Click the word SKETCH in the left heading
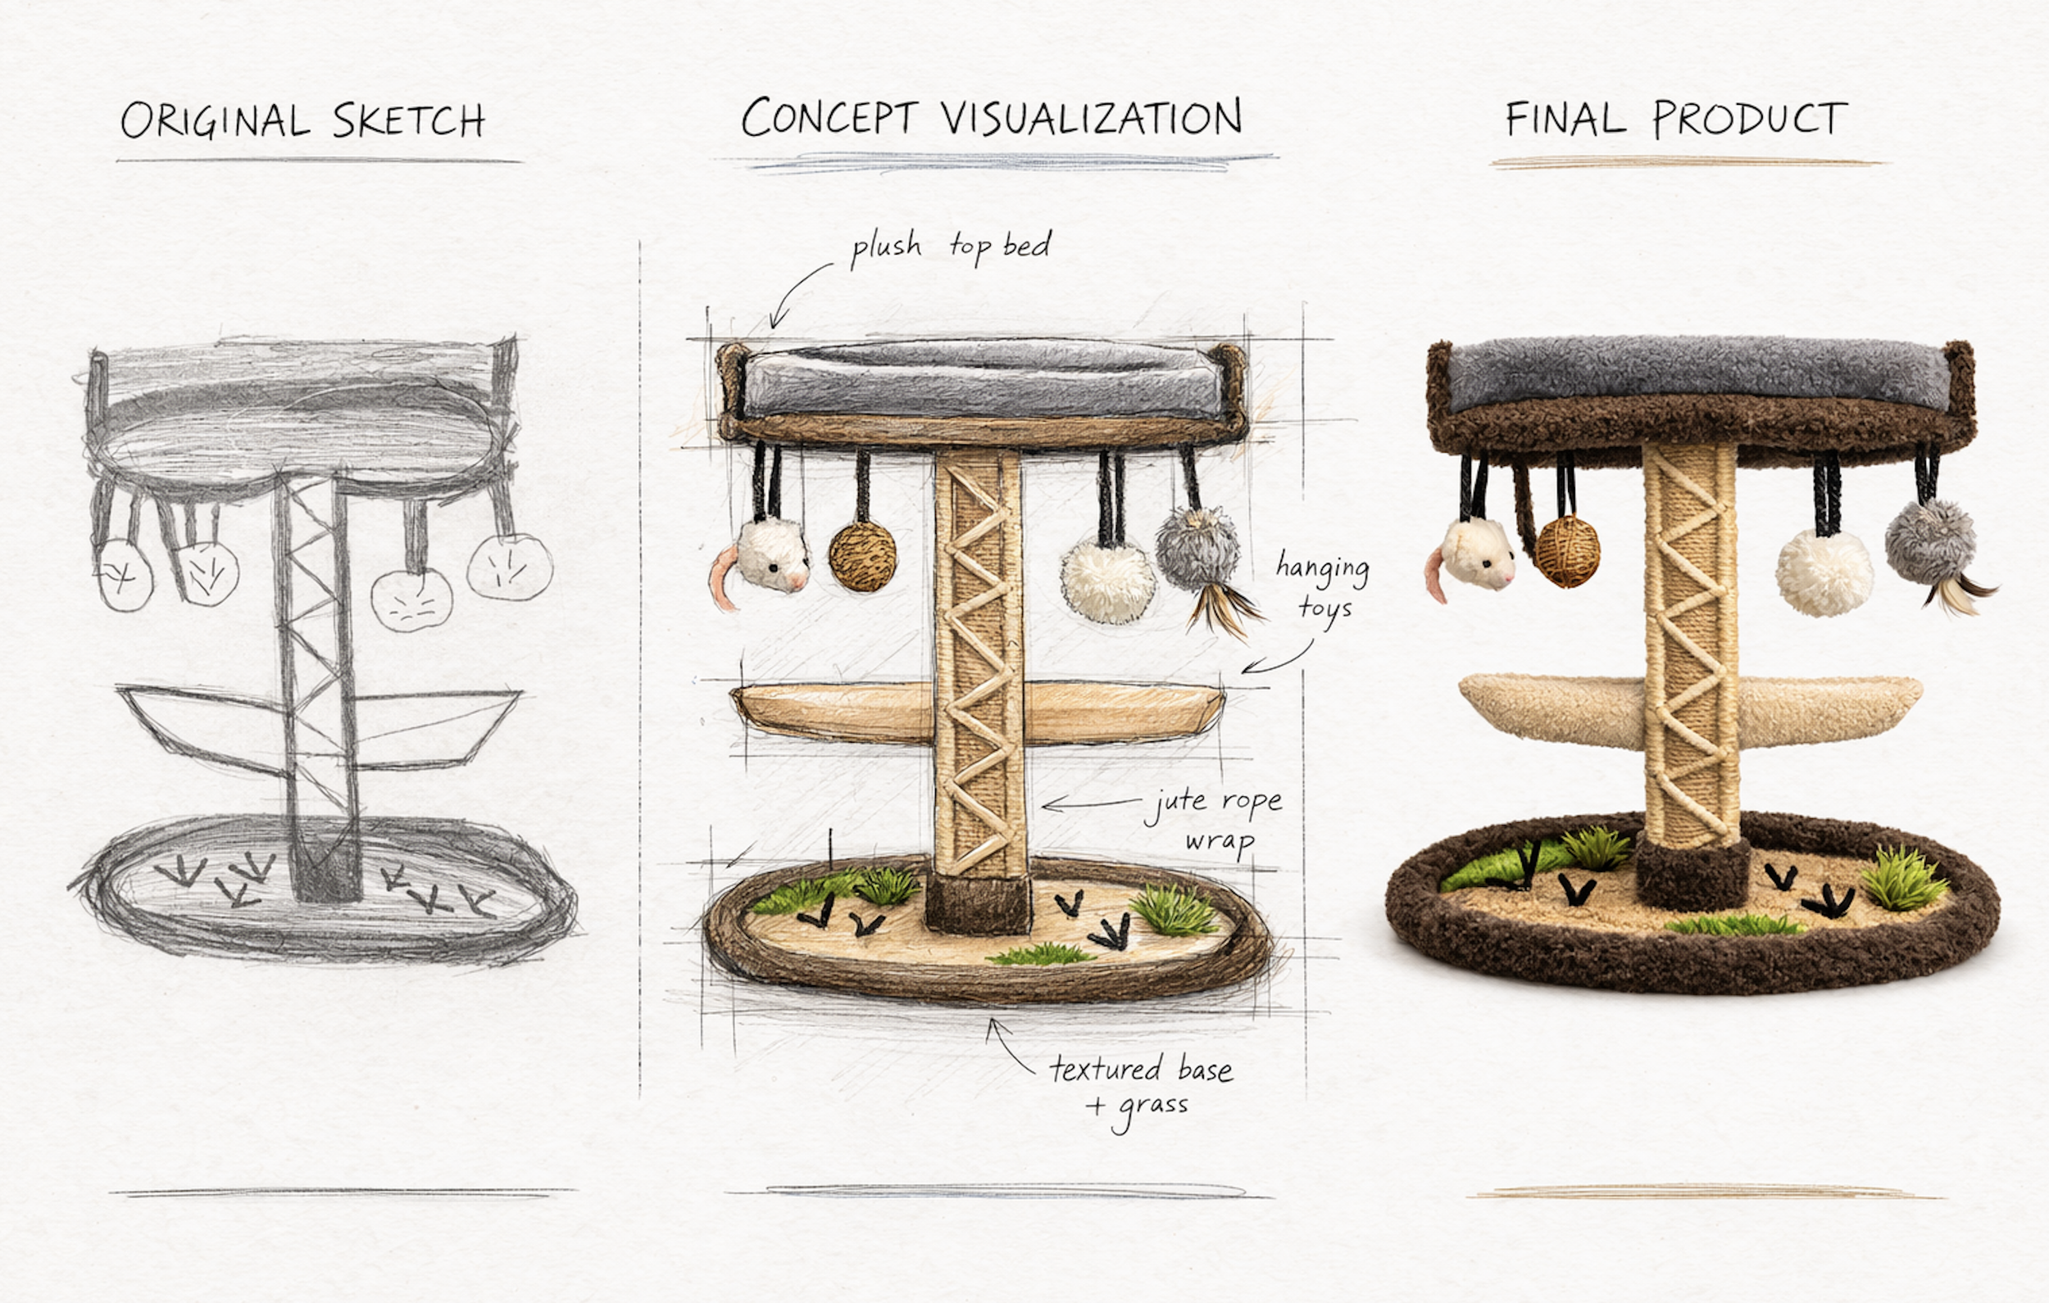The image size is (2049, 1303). pos(408,120)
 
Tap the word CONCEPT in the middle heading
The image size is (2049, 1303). pos(829,117)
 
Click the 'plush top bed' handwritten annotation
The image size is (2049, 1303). pos(952,247)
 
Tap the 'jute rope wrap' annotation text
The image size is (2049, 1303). pos(1215,821)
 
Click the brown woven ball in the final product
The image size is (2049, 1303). pos(1567,551)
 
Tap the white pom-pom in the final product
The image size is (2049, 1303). pos(1824,572)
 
